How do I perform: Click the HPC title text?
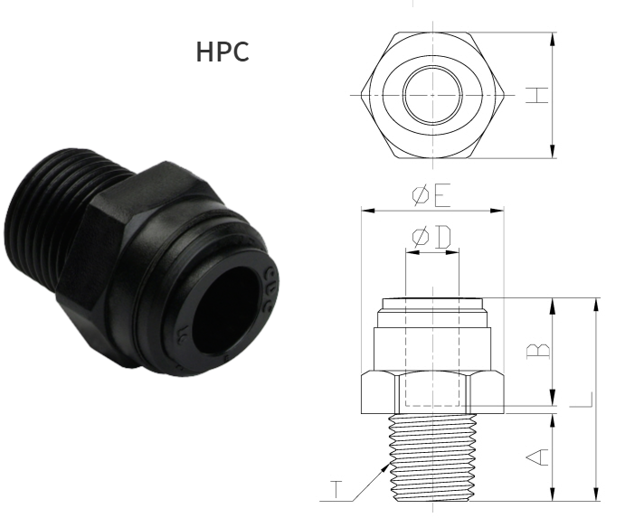pyautogui.click(x=223, y=52)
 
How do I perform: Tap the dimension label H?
pyautogui.click(x=538, y=95)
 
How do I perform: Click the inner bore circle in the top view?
pyautogui.click(x=431, y=96)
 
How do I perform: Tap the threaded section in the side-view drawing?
pyautogui.click(x=431, y=457)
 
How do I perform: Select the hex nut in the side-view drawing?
pyautogui.click(x=431, y=389)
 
